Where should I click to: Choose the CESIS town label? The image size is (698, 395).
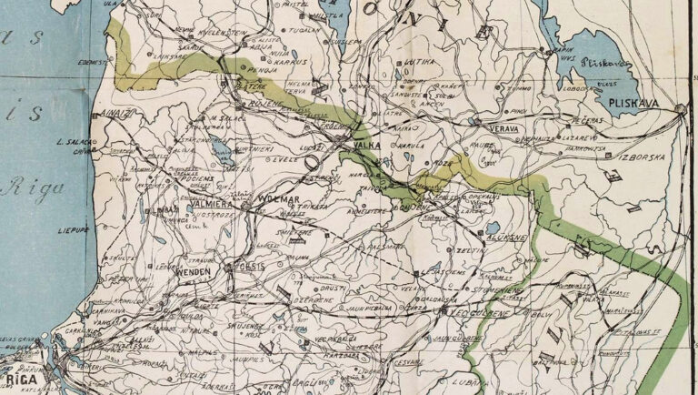coord(250,267)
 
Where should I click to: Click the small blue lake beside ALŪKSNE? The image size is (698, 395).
coord(492,227)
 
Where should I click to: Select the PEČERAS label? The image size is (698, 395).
coord(589,119)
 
